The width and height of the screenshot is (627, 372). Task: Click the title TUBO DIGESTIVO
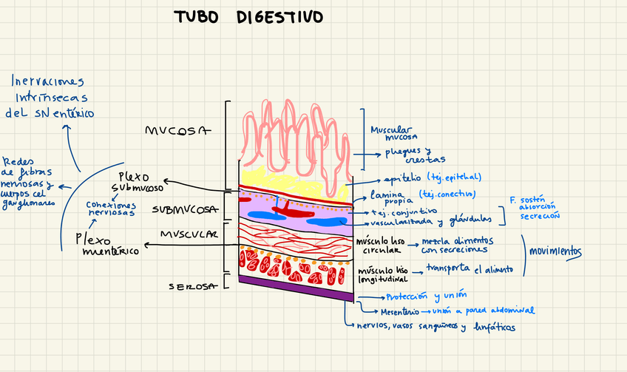pyautogui.click(x=248, y=17)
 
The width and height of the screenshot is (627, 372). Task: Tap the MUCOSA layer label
pyautogui.click(x=178, y=132)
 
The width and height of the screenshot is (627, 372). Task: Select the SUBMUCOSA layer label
pyautogui.click(x=185, y=210)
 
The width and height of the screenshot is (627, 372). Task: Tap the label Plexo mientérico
pyautogui.click(x=107, y=245)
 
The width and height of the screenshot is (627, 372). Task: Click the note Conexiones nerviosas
pyautogui.click(x=110, y=209)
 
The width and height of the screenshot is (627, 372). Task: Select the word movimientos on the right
pyautogui.click(x=555, y=251)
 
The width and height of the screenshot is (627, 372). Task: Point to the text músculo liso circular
pyautogui.click(x=381, y=245)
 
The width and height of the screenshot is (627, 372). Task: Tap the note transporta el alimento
pyautogui.click(x=469, y=269)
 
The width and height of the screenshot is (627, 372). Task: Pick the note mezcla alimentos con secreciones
pyautogui.click(x=457, y=246)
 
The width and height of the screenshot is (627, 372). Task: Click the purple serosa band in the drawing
pyautogui.click(x=295, y=288)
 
